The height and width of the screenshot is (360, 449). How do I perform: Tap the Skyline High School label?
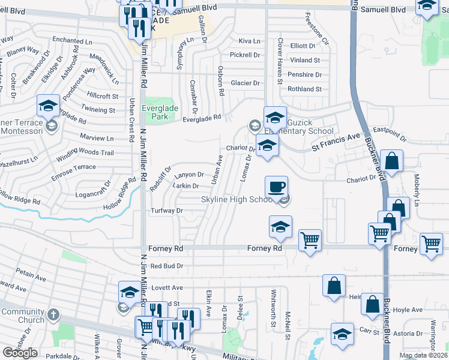237,200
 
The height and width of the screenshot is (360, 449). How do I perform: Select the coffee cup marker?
276,187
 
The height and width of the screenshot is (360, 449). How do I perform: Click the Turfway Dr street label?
166,211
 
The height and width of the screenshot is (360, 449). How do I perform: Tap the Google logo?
20,353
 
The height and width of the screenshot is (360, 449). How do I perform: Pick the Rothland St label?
304,89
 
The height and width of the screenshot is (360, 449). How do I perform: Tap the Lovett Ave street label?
167,288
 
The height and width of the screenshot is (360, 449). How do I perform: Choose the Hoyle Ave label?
409,310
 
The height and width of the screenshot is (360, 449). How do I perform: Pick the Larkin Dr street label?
186,186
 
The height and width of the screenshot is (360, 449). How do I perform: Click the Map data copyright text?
423,355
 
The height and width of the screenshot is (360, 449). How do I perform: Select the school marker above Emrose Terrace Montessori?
48,107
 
